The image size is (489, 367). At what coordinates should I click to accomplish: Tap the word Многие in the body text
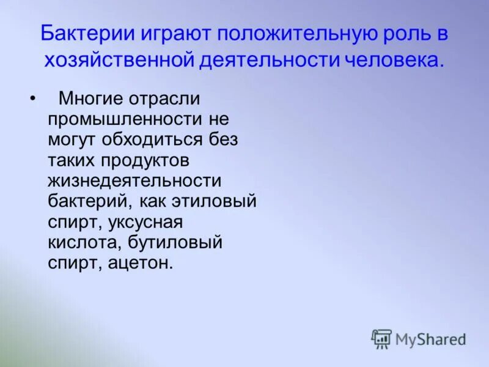pos(89,99)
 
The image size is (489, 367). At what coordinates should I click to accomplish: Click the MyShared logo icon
pos(381,339)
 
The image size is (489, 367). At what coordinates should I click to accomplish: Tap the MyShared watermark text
pos(430,339)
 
